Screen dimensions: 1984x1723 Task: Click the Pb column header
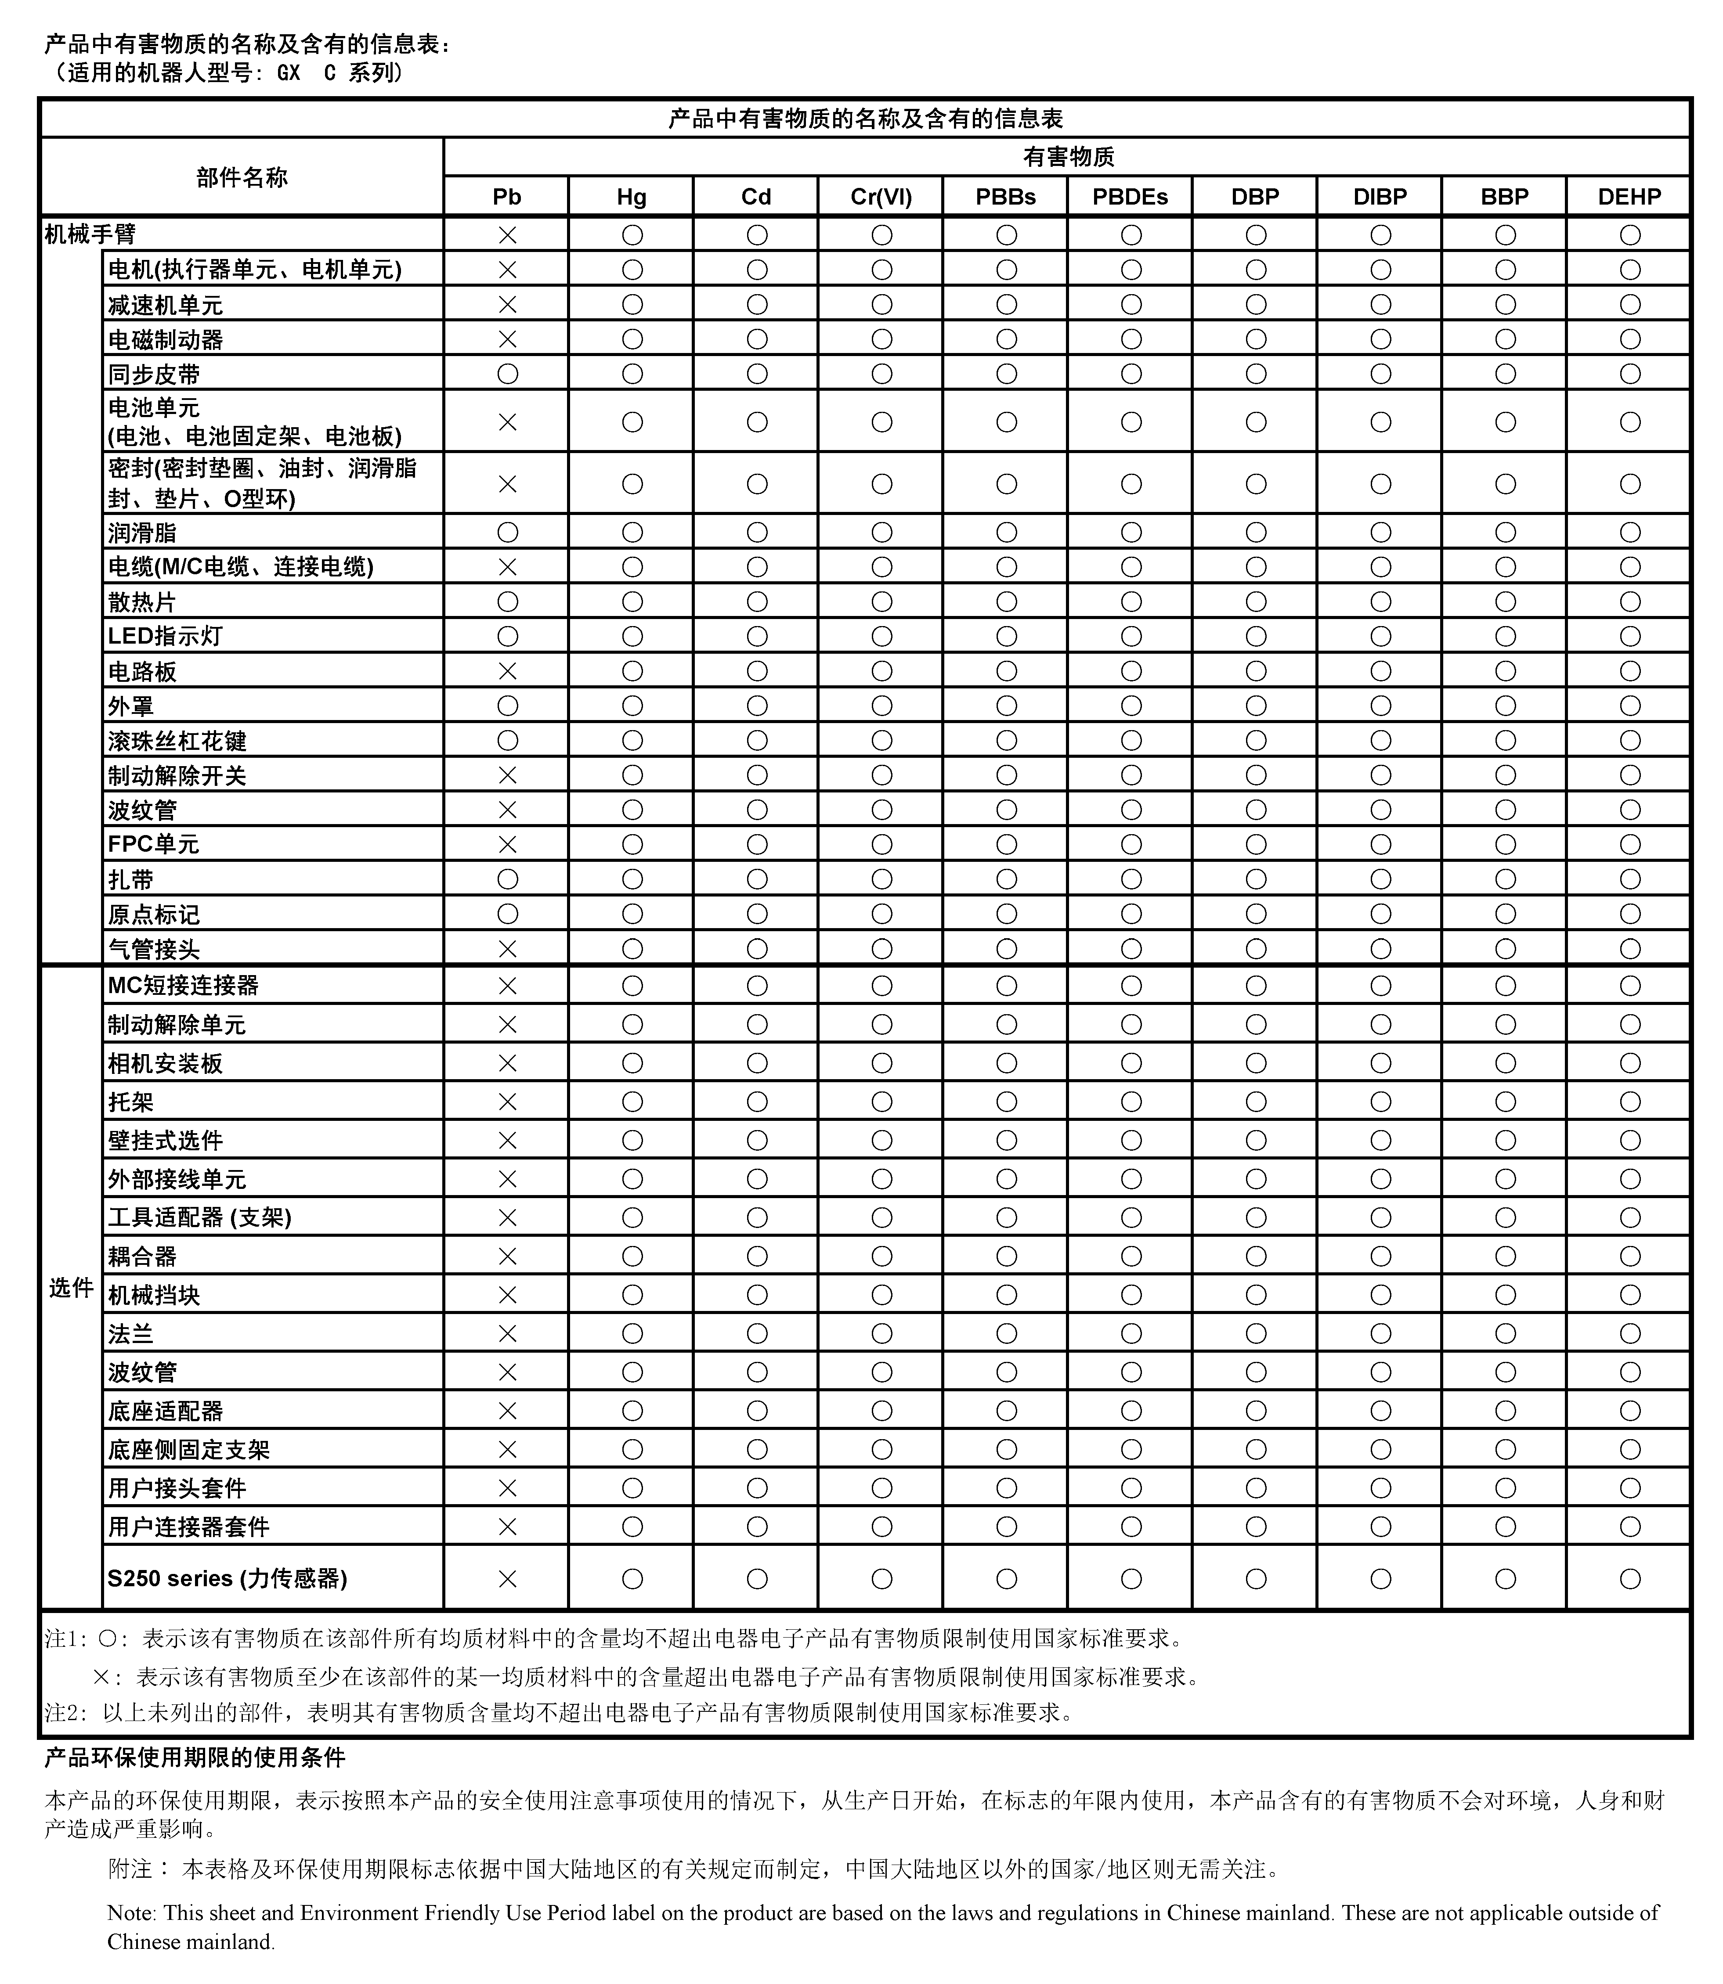(x=507, y=197)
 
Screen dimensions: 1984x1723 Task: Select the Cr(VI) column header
(x=881, y=197)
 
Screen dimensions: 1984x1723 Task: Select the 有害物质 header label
(x=1067, y=157)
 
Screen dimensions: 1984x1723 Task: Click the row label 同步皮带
(x=154, y=374)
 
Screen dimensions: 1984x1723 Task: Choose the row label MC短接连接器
(x=183, y=985)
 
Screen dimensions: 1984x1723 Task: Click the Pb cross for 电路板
(x=507, y=671)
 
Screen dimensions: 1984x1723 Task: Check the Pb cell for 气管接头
(x=507, y=949)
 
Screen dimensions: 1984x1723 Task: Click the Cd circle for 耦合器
(x=757, y=1257)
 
